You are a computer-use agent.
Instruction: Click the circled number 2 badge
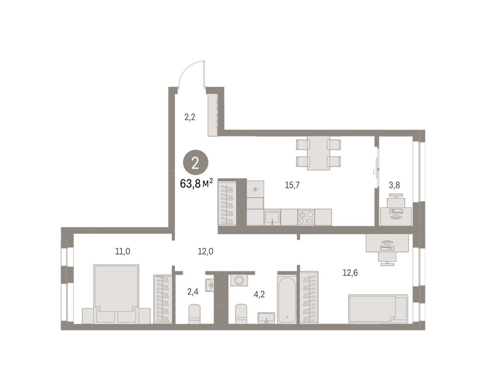tap(196, 162)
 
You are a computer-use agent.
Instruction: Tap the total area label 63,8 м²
tap(196, 183)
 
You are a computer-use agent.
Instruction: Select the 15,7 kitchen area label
tap(292, 185)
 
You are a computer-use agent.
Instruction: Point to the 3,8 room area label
tap(394, 185)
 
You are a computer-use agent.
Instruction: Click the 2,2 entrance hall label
tap(190, 117)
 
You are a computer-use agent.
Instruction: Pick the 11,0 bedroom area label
tap(123, 251)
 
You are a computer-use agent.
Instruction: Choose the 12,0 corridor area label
tap(205, 251)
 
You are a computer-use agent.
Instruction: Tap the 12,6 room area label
tap(350, 273)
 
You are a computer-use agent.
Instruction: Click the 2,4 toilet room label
tap(193, 292)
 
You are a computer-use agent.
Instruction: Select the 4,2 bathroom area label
tap(259, 295)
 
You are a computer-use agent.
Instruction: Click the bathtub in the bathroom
tap(287, 300)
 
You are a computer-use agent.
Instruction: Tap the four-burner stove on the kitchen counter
tap(306, 218)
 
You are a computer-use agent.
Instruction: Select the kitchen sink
tap(272, 217)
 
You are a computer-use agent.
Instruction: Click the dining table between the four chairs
tap(318, 153)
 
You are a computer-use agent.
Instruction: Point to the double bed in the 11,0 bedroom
tap(116, 294)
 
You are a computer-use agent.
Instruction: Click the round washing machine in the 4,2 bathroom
tap(239, 280)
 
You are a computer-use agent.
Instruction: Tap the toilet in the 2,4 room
tap(194, 314)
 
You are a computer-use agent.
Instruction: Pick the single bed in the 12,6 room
tap(378, 308)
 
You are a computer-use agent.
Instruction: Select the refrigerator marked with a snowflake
tap(255, 189)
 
